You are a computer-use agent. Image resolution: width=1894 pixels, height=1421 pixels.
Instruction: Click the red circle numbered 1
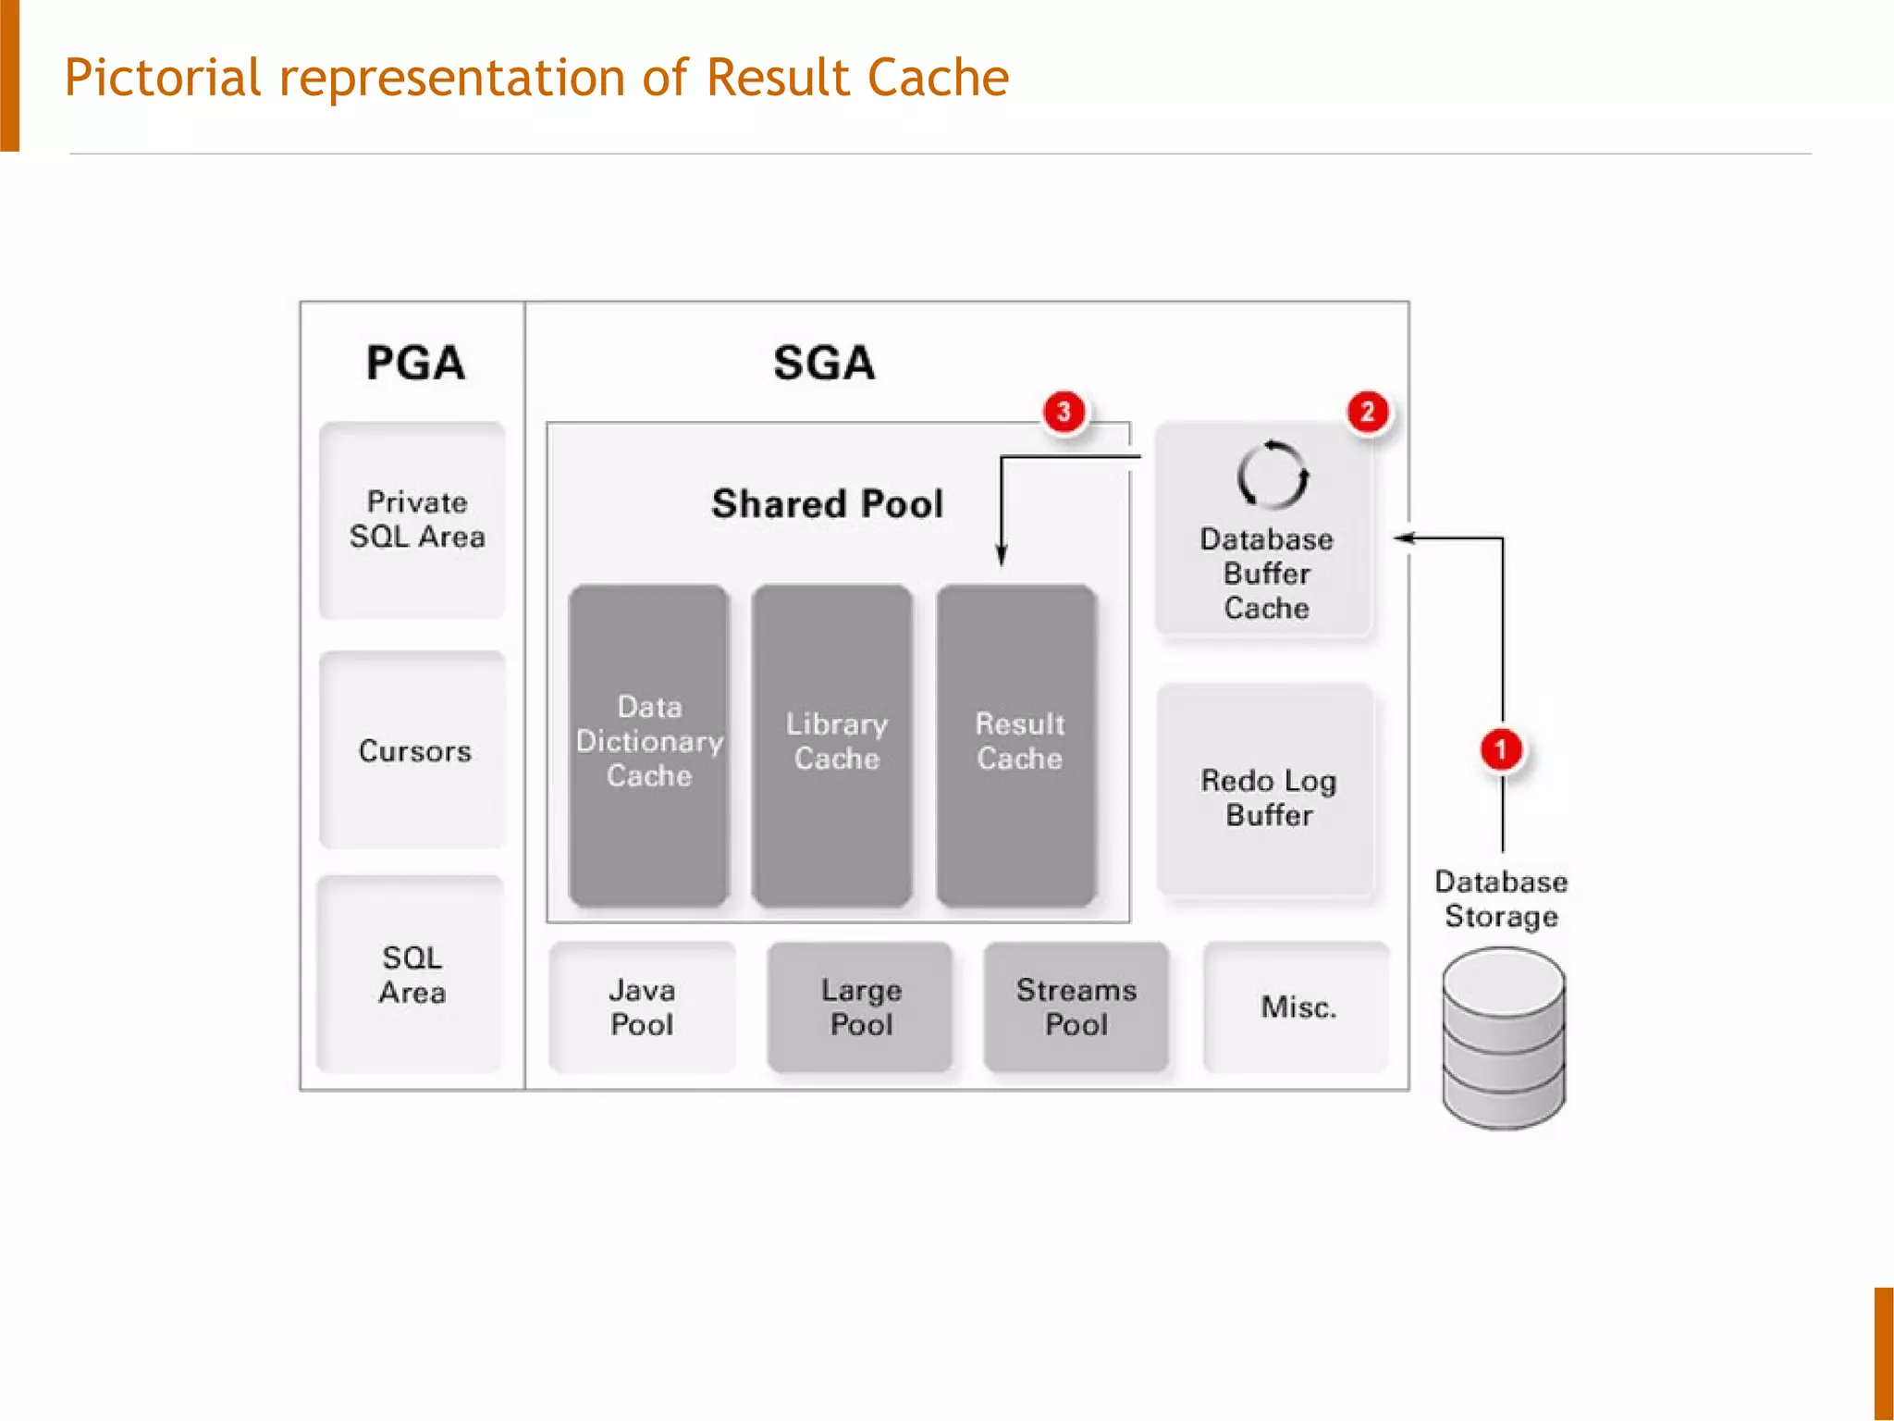[x=1501, y=749]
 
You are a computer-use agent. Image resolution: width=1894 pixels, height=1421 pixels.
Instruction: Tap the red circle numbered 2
[x=1367, y=412]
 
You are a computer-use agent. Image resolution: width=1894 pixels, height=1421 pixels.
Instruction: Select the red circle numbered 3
[x=1064, y=412]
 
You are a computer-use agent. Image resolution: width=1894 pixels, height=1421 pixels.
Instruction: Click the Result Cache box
[x=1017, y=745]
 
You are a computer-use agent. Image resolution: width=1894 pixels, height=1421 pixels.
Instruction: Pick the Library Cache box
[x=833, y=745]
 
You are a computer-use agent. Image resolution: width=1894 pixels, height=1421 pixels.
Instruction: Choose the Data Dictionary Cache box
[x=649, y=745]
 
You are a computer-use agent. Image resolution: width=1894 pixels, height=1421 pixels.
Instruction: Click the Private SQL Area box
[x=413, y=521]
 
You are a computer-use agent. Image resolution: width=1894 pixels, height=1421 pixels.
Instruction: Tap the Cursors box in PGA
[x=413, y=750]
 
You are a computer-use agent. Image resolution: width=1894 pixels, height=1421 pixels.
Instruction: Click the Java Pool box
[x=643, y=1007]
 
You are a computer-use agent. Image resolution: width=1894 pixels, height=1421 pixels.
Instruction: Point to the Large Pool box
[x=860, y=1007]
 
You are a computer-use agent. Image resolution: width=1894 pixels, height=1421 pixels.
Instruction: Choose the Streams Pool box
[x=1076, y=1007]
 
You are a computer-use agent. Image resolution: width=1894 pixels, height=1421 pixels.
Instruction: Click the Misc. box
[x=1297, y=1007]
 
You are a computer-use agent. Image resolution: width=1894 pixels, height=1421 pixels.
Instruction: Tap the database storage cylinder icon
[x=1504, y=1038]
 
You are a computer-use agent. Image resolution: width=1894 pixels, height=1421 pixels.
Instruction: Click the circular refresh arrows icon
[x=1273, y=475]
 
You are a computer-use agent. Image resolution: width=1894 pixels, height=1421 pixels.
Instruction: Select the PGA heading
[x=415, y=363]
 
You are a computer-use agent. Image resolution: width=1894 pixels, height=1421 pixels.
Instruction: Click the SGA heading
[x=824, y=363]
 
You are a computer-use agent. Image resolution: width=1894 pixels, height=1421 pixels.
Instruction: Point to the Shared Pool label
[x=828, y=504]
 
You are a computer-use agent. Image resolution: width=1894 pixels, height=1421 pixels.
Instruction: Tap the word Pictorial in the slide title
[x=163, y=78]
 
